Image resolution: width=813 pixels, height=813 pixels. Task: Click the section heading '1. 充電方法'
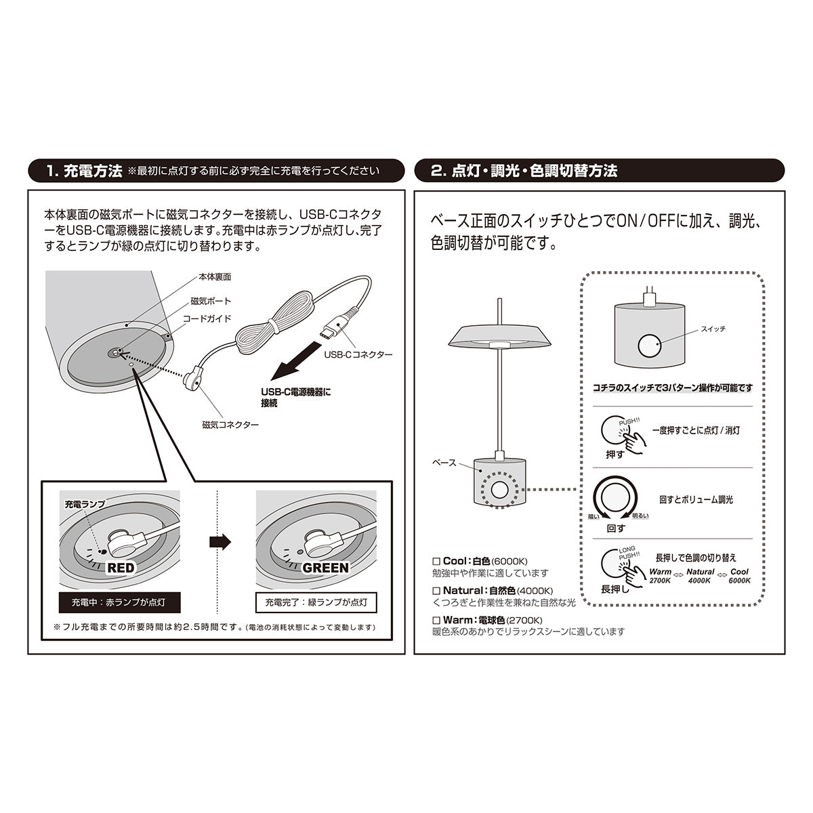tap(84, 171)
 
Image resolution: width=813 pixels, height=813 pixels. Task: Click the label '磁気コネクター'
tap(230, 424)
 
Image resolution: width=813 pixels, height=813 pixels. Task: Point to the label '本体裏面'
tap(215, 277)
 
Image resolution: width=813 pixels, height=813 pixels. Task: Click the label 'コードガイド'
tap(207, 318)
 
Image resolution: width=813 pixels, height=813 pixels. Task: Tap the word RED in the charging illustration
tap(121, 568)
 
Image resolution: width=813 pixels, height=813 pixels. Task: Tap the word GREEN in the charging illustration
tap(325, 568)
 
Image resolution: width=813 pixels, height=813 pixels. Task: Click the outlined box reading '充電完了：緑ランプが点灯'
tap(316, 602)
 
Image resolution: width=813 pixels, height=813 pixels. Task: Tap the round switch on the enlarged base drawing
tap(650, 346)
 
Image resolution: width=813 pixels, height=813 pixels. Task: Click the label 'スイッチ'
tap(713, 329)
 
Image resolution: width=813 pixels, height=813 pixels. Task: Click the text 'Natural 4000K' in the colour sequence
tap(701, 576)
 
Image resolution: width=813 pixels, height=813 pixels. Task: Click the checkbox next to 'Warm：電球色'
tap(436, 620)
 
